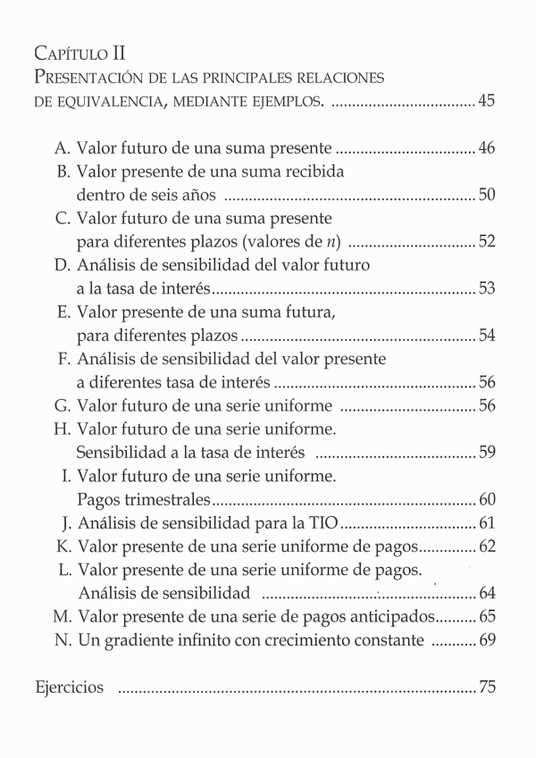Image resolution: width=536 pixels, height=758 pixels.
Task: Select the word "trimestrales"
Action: click(x=164, y=498)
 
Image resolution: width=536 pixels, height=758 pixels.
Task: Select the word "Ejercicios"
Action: click(x=70, y=687)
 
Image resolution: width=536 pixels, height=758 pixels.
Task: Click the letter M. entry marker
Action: click(x=61, y=616)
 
